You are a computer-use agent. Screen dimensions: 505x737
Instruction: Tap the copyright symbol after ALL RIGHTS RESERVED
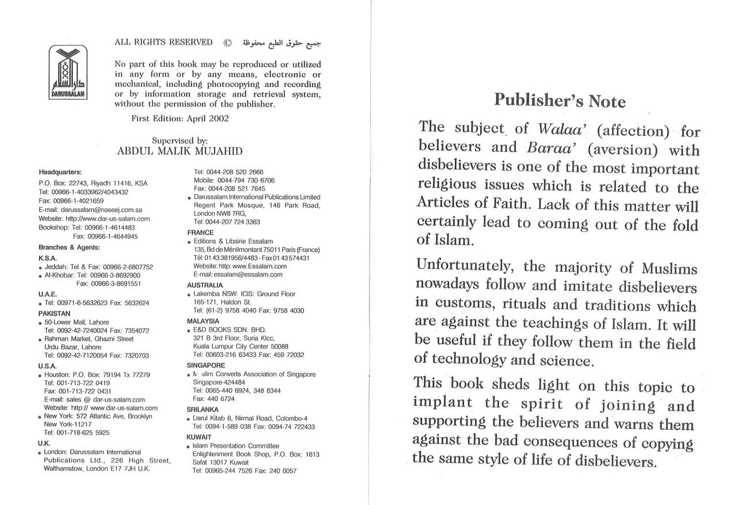[x=227, y=43]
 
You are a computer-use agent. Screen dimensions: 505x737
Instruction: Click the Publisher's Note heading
[x=559, y=101]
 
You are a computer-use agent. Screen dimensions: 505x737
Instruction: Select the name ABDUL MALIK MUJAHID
[x=179, y=151]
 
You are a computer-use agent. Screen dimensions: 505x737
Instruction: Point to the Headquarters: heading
[x=60, y=172]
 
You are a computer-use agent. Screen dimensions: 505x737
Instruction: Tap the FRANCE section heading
[x=200, y=233]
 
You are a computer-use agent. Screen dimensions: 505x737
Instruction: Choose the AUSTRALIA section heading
[x=205, y=284]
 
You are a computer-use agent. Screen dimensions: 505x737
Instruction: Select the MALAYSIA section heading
[x=203, y=321]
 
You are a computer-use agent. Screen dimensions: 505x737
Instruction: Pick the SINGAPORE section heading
[x=206, y=365]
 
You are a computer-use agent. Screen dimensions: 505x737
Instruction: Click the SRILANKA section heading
[x=204, y=409]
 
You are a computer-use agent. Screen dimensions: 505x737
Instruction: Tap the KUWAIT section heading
[x=199, y=437]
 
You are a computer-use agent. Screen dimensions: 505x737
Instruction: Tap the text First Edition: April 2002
[x=180, y=119]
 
